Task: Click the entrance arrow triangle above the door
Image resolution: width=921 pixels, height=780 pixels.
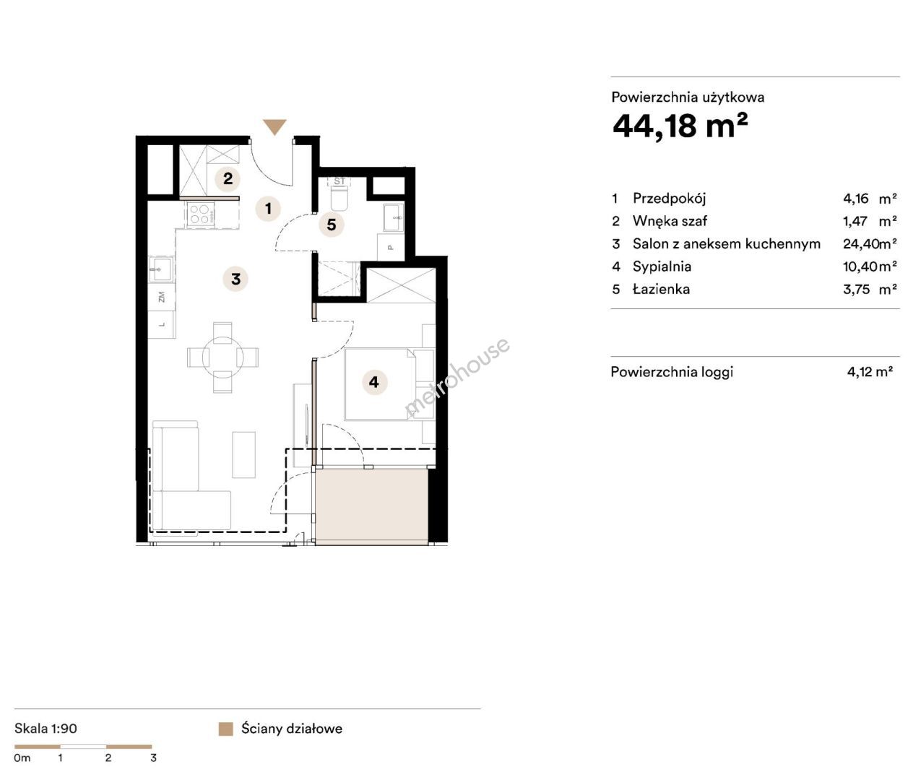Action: point(274,126)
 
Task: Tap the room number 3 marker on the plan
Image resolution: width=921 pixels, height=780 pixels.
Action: point(235,279)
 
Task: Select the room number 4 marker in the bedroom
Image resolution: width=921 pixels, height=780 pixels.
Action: point(374,382)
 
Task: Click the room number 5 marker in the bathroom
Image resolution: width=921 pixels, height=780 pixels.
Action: point(332,225)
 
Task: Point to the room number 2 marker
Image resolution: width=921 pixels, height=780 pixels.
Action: point(228,178)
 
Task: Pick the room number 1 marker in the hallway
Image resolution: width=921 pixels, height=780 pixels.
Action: point(268,209)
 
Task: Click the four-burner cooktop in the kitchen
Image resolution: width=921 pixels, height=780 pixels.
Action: point(199,213)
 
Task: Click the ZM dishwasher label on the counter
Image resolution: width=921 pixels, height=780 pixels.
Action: point(162,297)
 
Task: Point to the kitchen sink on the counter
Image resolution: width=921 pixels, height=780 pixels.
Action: point(160,270)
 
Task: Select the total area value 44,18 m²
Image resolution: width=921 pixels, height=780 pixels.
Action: point(680,126)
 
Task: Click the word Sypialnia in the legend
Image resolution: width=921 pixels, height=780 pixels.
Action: point(662,266)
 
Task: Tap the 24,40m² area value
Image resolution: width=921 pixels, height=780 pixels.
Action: point(870,243)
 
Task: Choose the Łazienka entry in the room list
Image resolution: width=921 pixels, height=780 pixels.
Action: point(661,289)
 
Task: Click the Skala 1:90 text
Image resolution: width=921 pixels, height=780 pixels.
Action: point(46,728)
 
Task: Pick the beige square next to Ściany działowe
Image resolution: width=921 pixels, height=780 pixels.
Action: point(225,729)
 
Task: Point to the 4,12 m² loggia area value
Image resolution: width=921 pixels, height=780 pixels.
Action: point(870,371)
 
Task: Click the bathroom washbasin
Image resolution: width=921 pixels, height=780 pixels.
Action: point(394,217)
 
